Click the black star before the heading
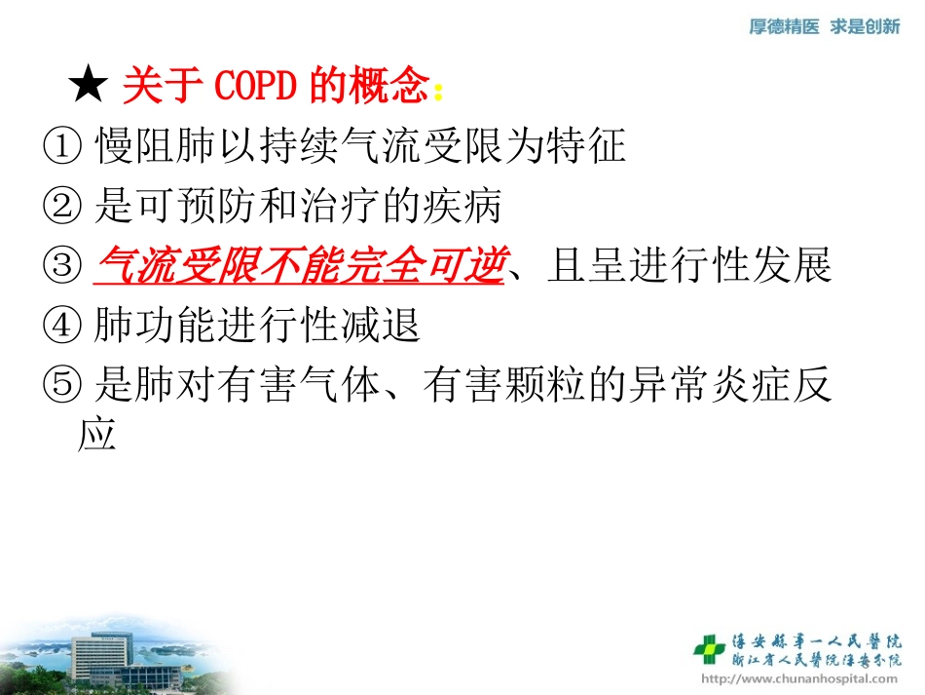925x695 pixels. [x=89, y=89]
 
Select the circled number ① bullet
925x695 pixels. [x=61, y=147]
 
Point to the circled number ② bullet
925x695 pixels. [x=61, y=207]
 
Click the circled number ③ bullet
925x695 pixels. [x=61, y=266]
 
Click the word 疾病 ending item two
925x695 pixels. [x=467, y=207]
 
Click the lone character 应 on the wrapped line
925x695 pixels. [x=96, y=434]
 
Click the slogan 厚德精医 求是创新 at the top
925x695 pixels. [x=824, y=27]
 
